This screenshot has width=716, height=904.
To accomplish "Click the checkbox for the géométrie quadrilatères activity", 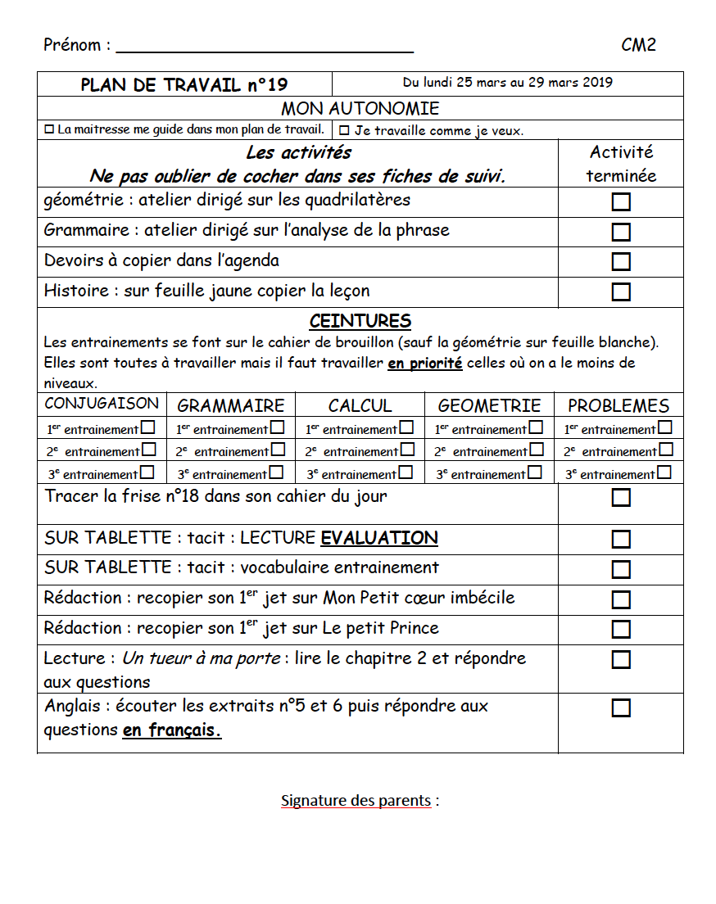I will pyautogui.click(x=621, y=201).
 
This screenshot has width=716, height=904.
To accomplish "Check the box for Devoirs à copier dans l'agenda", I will pyautogui.click(x=621, y=262).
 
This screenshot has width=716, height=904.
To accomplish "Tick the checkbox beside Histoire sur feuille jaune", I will pyautogui.click(x=621, y=292).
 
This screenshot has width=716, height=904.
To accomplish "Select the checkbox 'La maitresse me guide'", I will pyautogui.click(x=48, y=129).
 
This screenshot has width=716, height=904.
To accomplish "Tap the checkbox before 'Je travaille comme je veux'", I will pyautogui.click(x=344, y=130).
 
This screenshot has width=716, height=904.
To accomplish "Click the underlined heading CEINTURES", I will pyautogui.click(x=360, y=321).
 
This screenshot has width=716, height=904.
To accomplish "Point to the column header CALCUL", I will pyautogui.click(x=360, y=405).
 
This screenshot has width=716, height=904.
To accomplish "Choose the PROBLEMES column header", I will pyautogui.click(x=619, y=405).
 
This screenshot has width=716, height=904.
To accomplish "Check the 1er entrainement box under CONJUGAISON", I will pyautogui.click(x=147, y=427).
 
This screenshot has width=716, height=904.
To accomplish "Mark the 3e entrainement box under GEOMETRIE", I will pyautogui.click(x=534, y=472).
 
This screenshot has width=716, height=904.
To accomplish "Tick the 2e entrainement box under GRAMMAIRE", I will pyautogui.click(x=278, y=450).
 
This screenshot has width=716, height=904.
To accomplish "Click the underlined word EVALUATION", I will pyautogui.click(x=379, y=538).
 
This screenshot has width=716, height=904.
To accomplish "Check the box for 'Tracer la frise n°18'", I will pyautogui.click(x=621, y=498).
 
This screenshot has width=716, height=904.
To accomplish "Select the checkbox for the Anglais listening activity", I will pyautogui.click(x=621, y=707).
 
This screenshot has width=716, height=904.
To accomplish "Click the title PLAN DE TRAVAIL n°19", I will pyautogui.click(x=184, y=85).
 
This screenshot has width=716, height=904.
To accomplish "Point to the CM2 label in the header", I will pyautogui.click(x=638, y=45).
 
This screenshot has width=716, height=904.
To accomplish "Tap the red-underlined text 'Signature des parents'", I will pyautogui.click(x=356, y=800).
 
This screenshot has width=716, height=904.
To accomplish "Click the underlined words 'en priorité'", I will pyautogui.click(x=424, y=363).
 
